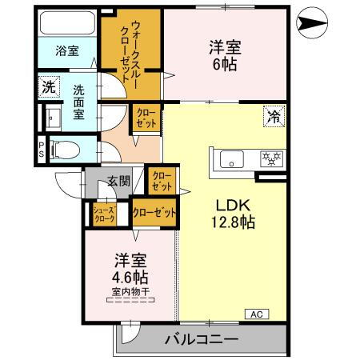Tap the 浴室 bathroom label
pos(66,50)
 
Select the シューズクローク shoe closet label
pos(105,214)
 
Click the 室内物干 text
pos(129,294)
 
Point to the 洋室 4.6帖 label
pos(129,267)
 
